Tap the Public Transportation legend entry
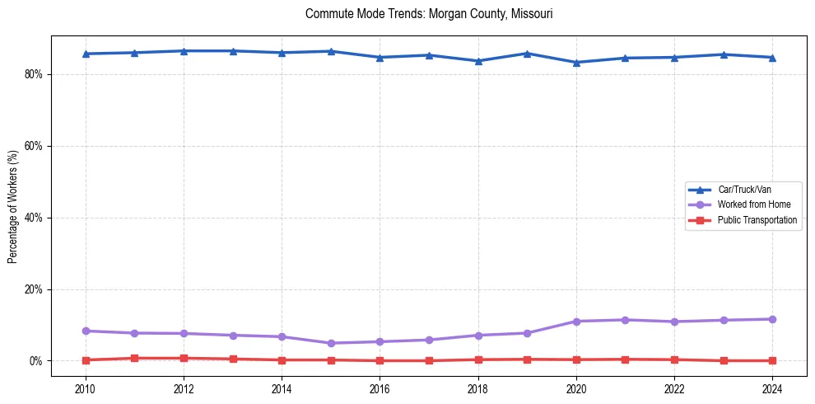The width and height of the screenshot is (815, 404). click(x=757, y=220)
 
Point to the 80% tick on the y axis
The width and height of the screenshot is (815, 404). click(x=35, y=74)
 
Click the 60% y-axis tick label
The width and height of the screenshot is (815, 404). click(x=35, y=146)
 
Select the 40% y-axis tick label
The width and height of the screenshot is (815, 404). click(x=35, y=218)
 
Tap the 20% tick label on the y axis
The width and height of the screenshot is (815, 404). click(x=35, y=289)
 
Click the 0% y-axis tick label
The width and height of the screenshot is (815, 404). click(x=37, y=361)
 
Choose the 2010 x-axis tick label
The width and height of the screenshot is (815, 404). click(x=86, y=388)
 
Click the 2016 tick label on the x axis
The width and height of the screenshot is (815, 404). click(x=380, y=388)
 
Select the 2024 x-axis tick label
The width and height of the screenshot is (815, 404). click(x=772, y=388)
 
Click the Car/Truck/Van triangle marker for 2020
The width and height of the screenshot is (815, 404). click(x=576, y=63)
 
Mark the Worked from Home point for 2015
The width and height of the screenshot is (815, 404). click(x=331, y=343)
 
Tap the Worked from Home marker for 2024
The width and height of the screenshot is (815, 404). click(x=772, y=319)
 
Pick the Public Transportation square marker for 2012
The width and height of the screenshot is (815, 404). click(x=184, y=358)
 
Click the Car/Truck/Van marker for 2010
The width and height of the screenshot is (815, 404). click(x=86, y=54)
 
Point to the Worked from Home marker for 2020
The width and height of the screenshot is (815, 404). click(x=576, y=322)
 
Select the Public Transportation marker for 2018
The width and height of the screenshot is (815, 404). click(x=478, y=359)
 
